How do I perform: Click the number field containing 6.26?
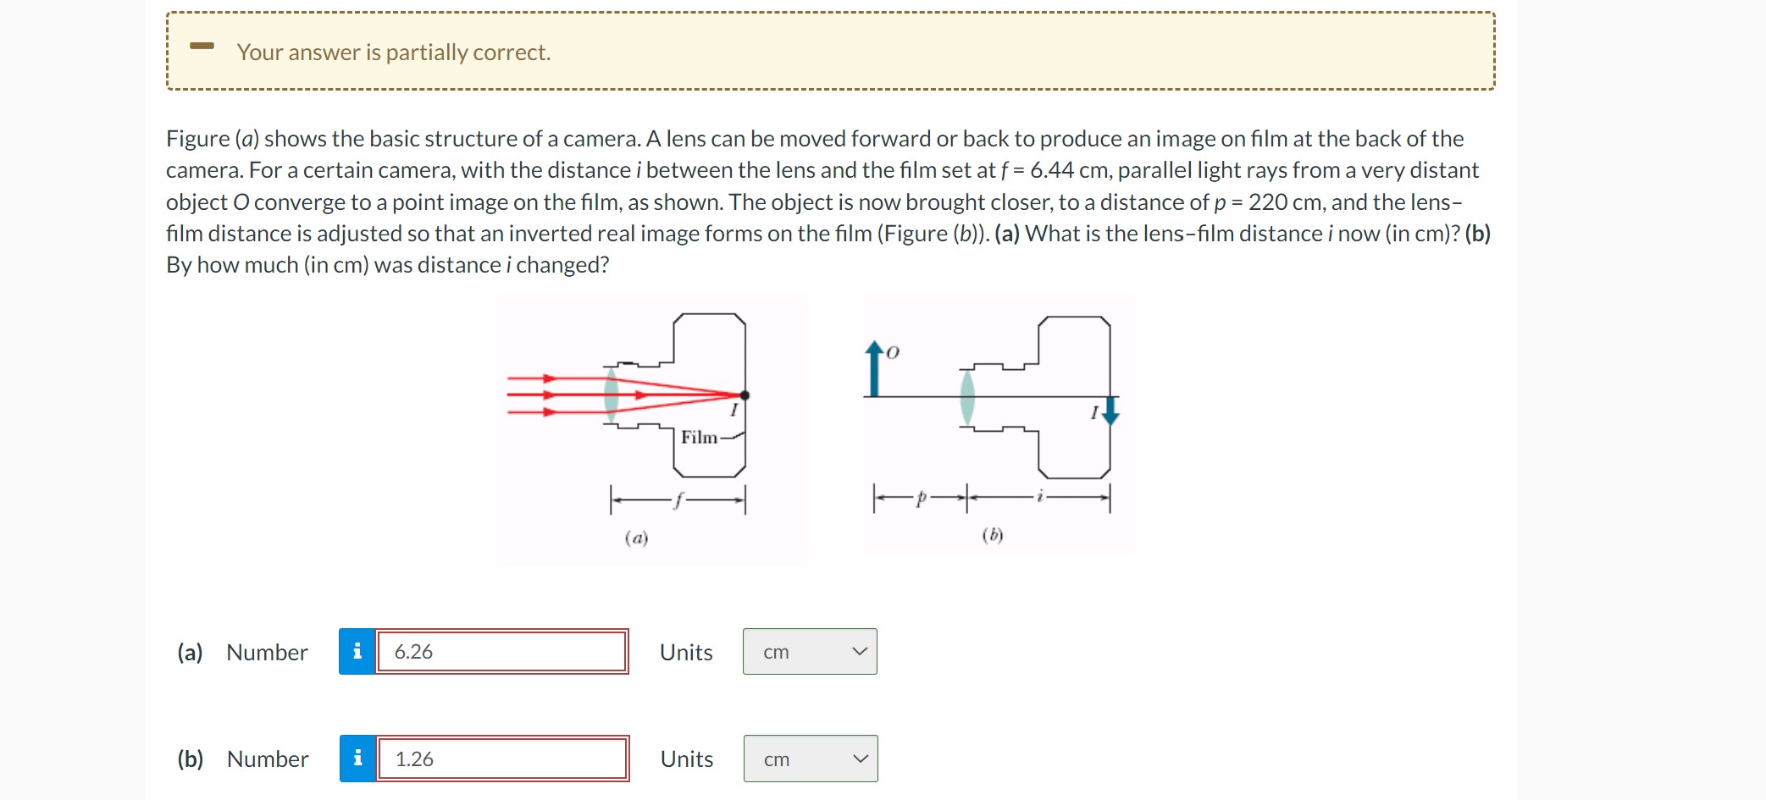tap(501, 652)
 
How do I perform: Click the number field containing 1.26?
tap(501, 759)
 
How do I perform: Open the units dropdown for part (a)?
tap(810, 652)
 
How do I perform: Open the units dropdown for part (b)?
tap(811, 759)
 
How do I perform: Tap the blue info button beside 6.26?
tap(357, 652)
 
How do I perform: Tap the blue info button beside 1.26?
tap(358, 759)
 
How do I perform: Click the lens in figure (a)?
tap(611, 394)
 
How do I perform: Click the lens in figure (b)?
tap(967, 396)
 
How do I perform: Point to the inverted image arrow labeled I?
tap(1111, 411)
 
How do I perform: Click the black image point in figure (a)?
tap(745, 395)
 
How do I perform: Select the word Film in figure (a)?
tap(699, 437)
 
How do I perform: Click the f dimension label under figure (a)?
tap(678, 500)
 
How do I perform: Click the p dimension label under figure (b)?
tap(920, 499)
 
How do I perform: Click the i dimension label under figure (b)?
tap(1040, 497)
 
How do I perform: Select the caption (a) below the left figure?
tap(636, 538)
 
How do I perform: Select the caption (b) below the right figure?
tap(993, 535)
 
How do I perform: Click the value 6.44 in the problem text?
tap(1052, 170)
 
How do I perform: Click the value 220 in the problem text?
tap(1268, 202)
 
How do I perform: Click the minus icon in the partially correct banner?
tap(202, 46)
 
